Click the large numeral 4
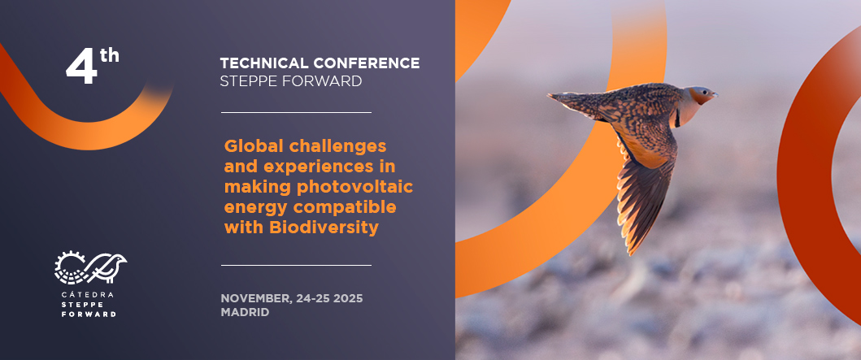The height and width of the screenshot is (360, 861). [x=81, y=67]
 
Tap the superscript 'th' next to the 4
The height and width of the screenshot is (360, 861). [x=110, y=55]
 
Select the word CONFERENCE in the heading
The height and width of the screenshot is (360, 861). [x=366, y=63]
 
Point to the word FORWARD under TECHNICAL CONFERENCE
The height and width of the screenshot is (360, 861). [x=326, y=81]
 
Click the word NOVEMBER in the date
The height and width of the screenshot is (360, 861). [x=256, y=299]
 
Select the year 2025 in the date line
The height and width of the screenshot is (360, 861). [x=350, y=298]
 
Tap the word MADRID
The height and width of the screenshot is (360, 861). [x=245, y=312]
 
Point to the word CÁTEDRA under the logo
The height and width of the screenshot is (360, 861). [x=89, y=295]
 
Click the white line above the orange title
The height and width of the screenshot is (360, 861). [x=297, y=112]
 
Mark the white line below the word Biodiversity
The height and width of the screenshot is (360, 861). [x=297, y=265]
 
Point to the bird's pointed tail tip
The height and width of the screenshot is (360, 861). [x=550, y=96]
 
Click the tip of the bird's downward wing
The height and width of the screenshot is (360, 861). [x=631, y=254]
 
